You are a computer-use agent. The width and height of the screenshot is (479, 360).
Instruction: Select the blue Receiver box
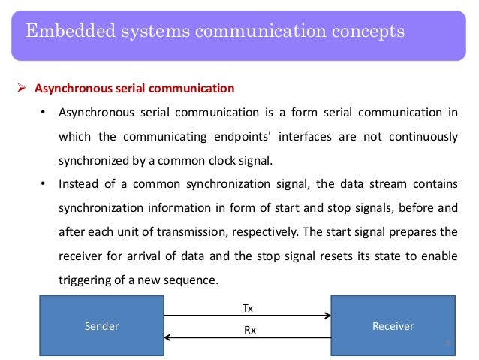click(x=393, y=325)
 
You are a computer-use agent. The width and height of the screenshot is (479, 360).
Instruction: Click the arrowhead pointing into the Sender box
click(x=161, y=337)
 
